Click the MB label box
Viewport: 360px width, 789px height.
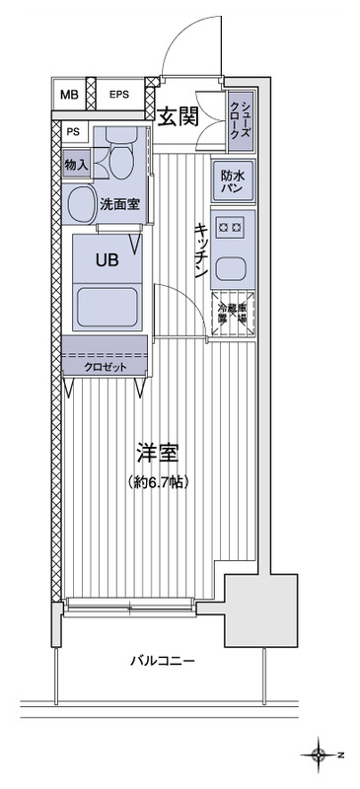tap(68, 95)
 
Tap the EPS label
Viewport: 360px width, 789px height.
tap(118, 95)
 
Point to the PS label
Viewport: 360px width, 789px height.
tap(73, 131)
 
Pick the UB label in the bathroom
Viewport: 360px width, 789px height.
tap(106, 262)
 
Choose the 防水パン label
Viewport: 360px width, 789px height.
tap(232, 180)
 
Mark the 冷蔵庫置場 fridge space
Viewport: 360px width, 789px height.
tap(233, 312)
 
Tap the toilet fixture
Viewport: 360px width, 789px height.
tap(123, 158)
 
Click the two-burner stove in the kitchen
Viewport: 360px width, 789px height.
tap(233, 228)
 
